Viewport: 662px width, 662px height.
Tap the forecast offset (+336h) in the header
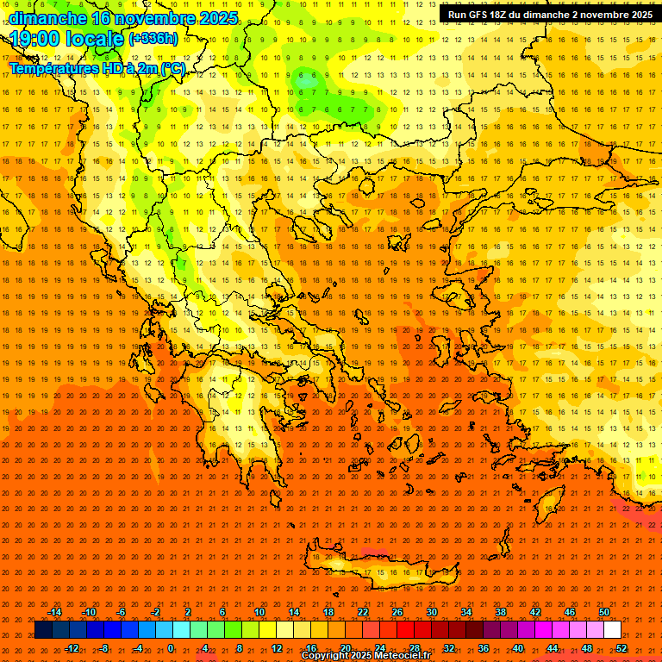point(153,39)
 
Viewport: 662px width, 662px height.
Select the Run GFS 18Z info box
point(550,15)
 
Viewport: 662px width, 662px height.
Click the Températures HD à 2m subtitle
point(97,68)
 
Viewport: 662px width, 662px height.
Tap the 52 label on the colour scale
point(621,648)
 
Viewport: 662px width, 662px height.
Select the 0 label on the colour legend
point(171,648)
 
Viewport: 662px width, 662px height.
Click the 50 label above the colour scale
point(604,612)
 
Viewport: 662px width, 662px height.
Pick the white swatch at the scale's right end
point(613,630)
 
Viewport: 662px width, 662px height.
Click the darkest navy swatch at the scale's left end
point(43,630)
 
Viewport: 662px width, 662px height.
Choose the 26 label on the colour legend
point(397,612)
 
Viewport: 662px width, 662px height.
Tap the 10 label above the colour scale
point(259,612)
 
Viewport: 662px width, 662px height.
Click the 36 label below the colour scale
point(484,648)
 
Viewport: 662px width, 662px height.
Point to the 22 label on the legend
point(363,612)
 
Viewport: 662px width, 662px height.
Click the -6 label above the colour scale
point(121,612)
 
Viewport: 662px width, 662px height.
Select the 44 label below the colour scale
point(553,648)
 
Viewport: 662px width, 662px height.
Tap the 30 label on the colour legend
point(432,612)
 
